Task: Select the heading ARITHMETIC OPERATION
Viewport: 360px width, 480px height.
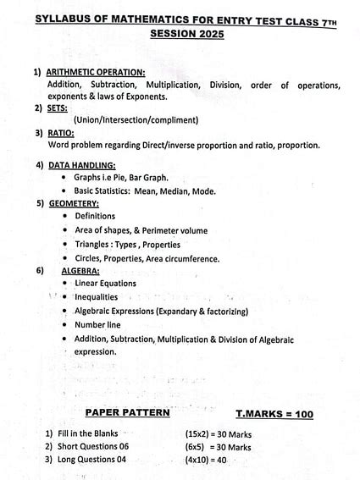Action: pyautogui.click(x=96, y=72)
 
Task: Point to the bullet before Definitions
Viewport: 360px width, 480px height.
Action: pyautogui.click(x=66, y=217)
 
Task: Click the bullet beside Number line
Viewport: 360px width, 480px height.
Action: pyautogui.click(x=66, y=325)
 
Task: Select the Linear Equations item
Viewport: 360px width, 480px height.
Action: pyautogui.click(x=105, y=283)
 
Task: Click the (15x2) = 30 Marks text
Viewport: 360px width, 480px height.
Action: pyautogui.click(x=219, y=433)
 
